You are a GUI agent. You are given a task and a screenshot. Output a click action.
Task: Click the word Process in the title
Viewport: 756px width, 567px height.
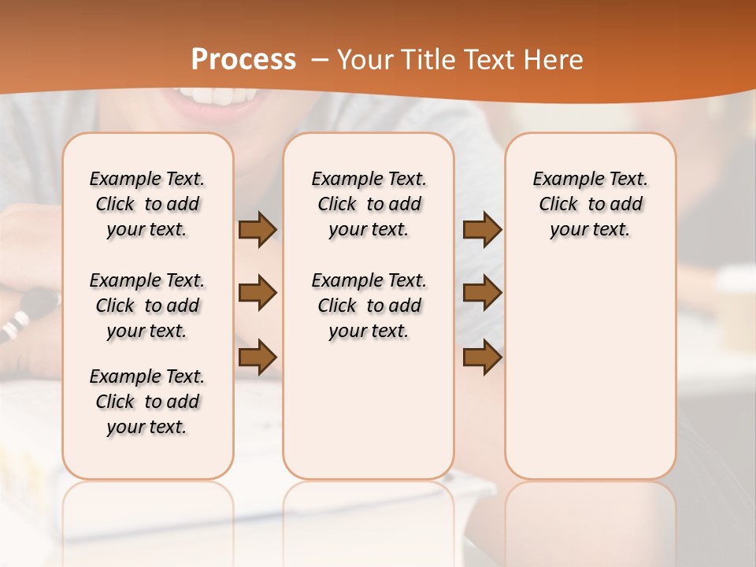tap(243, 60)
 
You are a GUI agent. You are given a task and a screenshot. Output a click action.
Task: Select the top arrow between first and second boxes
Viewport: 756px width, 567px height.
tap(258, 230)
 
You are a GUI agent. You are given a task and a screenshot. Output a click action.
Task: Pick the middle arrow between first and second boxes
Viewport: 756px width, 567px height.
tap(258, 293)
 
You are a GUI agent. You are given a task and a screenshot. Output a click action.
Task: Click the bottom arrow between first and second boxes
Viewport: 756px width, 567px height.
tap(258, 357)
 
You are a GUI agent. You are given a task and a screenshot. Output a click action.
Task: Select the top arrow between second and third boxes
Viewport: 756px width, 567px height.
tap(482, 230)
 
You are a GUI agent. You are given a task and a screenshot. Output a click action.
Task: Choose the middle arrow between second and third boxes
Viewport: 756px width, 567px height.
tap(482, 293)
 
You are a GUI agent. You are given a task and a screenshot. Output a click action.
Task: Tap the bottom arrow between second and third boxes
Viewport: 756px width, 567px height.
tap(482, 357)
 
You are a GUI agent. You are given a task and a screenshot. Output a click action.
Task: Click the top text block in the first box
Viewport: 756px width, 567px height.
tap(147, 204)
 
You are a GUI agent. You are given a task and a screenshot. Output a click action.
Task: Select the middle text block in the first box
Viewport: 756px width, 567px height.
tap(147, 306)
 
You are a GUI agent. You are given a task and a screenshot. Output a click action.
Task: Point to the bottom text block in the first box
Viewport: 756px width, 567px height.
tap(147, 402)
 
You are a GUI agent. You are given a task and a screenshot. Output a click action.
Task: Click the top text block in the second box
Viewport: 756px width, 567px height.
tap(369, 204)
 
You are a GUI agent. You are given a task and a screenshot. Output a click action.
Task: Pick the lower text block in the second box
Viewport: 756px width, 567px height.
tap(369, 306)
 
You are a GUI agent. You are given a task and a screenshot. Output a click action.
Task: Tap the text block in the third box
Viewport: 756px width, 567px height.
tap(591, 204)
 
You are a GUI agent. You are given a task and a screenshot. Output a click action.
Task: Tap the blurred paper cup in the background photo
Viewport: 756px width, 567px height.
tap(737, 307)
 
